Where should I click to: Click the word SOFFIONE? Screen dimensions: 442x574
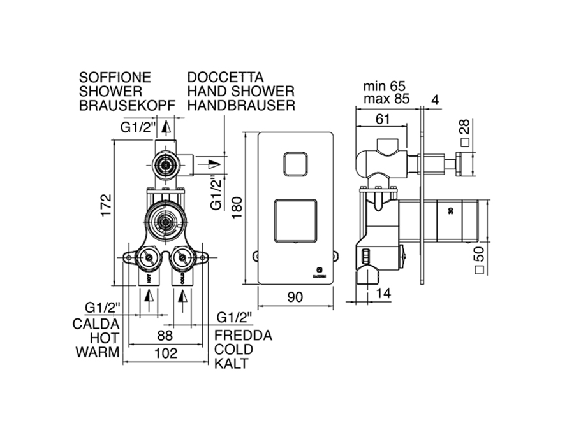tap(115, 77)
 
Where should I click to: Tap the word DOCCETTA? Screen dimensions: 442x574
tap(225, 77)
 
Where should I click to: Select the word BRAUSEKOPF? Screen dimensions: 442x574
tap(126, 105)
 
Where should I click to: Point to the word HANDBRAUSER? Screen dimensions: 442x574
tap(241, 105)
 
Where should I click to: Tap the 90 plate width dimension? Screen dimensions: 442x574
tap(294, 297)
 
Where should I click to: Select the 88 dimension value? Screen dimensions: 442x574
tap(165, 336)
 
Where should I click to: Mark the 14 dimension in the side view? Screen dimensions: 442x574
tap(384, 294)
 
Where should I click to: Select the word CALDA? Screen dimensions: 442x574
tap(97, 324)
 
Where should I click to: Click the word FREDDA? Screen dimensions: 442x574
tap(243, 336)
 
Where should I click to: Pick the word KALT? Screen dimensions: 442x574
tap(231, 364)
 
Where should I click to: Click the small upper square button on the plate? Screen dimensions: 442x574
tap(294, 164)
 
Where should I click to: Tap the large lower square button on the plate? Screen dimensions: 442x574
tap(294, 221)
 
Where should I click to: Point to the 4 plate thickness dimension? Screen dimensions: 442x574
tap(434, 99)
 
